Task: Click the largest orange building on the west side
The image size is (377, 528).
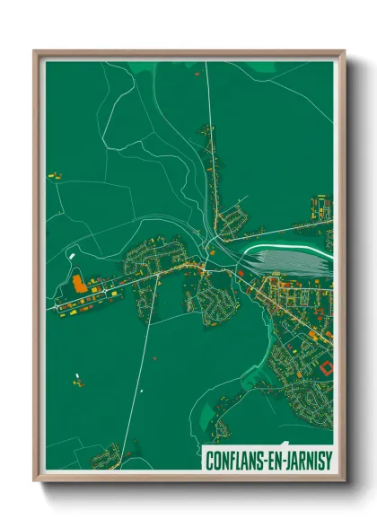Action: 79,283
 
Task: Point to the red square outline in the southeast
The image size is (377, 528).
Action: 325,366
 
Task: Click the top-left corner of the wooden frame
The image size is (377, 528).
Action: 36,52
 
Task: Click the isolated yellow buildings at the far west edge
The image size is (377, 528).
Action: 52,174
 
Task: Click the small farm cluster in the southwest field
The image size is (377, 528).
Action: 78,381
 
